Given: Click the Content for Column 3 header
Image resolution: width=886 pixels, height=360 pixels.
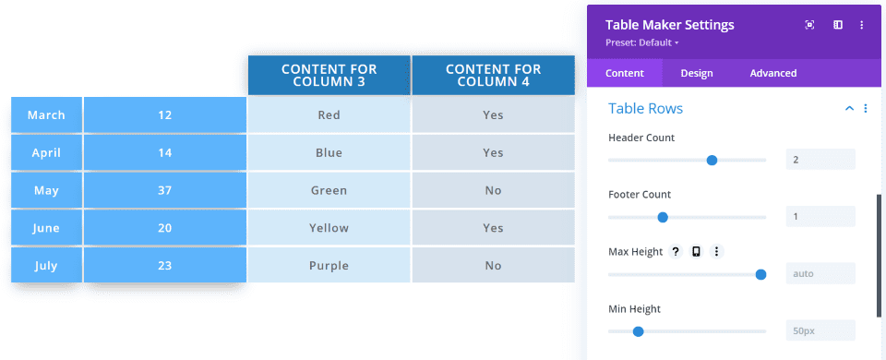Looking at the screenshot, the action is (x=329, y=75).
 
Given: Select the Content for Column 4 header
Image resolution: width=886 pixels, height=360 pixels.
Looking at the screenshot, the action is (x=493, y=75).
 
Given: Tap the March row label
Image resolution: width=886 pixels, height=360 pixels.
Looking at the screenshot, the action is (x=46, y=115).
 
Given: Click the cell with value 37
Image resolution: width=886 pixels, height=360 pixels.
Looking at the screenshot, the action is (x=164, y=190).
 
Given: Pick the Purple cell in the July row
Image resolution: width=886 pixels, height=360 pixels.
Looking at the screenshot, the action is (x=329, y=266).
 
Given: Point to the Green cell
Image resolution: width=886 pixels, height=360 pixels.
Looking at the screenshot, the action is (x=329, y=190).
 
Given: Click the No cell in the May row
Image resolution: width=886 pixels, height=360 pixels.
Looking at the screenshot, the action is (x=493, y=190).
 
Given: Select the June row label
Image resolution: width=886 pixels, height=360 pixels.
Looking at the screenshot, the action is (x=46, y=228).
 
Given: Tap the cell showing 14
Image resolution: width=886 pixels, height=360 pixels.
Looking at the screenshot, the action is (x=164, y=152).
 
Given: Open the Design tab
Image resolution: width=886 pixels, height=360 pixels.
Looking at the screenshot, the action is (x=697, y=73).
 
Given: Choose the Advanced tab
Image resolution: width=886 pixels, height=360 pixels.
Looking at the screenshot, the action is (x=773, y=73).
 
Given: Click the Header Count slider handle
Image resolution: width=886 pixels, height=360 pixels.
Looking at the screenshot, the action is (x=712, y=161).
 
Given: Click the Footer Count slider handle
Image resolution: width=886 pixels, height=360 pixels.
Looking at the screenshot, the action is (x=663, y=218).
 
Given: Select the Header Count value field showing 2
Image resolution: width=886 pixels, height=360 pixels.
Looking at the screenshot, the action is (x=820, y=160).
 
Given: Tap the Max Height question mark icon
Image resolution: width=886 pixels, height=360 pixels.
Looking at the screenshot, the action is (x=676, y=251).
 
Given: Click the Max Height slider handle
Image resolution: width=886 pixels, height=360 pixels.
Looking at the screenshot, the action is (x=760, y=275).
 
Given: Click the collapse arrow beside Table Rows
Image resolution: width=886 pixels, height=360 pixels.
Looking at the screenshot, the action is (x=849, y=109).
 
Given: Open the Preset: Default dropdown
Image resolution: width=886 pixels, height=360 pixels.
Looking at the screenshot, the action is (x=642, y=43).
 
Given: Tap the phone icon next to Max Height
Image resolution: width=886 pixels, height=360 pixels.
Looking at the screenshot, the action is (x=696, y=251).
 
